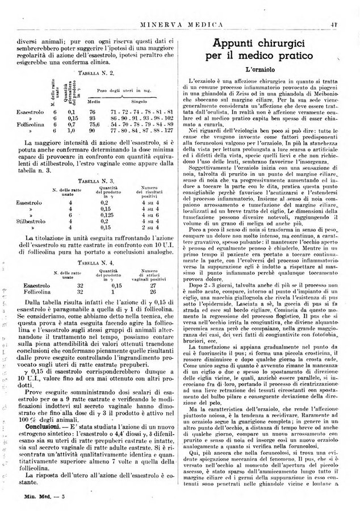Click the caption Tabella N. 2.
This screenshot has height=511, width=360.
click(x=89, y=74)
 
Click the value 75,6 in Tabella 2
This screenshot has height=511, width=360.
click(x=95, y=140)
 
